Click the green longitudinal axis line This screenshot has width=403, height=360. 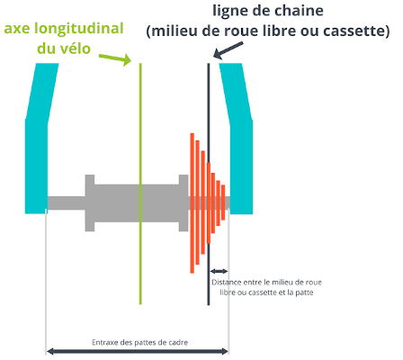click(140, 184)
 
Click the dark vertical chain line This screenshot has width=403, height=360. click(209, 184)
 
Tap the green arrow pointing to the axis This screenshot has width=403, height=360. click(115, 58)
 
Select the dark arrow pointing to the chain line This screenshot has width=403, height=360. click(228, 50)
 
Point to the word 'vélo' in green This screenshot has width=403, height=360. click(75, 49)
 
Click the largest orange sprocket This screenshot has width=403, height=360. click(193, 203)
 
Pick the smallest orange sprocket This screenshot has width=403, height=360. click(223, 202)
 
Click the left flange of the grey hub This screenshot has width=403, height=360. click(90, 202)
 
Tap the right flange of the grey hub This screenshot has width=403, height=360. click(184, 202)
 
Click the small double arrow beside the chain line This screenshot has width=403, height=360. click(219, 272)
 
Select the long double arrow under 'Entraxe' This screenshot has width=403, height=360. click(138, 351)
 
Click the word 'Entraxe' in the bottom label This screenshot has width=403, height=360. click(105, 342)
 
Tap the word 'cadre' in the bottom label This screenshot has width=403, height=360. click(179, 342)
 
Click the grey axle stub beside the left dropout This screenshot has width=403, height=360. click(67, 203)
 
